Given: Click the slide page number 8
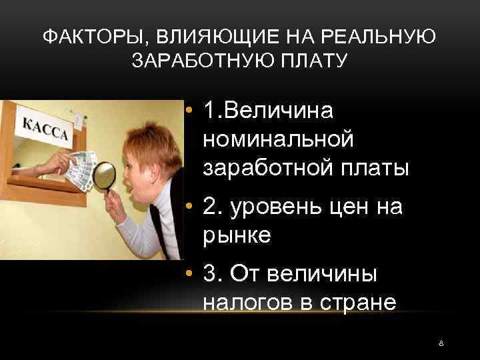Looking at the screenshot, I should (441, 343).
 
